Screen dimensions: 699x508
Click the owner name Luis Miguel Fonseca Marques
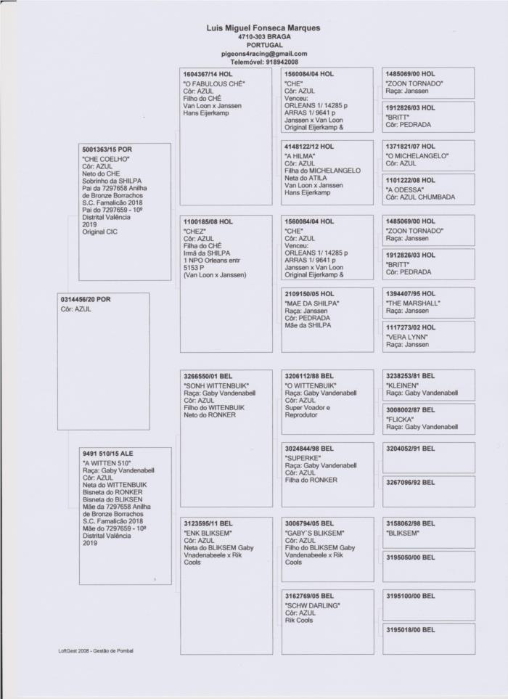tap(263, 28)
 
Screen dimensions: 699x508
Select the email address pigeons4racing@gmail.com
tap(263, 54)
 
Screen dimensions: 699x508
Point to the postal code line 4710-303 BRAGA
tap(263, 36)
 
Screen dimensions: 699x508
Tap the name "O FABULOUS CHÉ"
tap(214, 83)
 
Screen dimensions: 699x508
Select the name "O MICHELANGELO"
tap(417, 155)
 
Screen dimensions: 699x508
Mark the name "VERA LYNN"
tap(407, 337)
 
